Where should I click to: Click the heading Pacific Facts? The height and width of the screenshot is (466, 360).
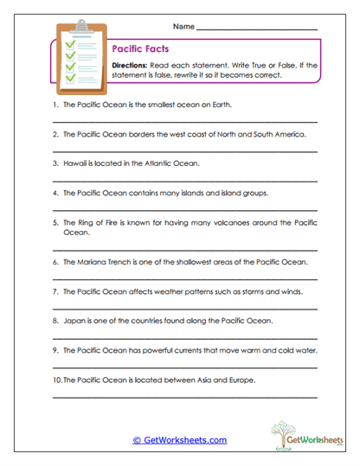pyautogui.click(x=138, y=51)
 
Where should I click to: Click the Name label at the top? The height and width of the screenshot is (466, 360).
pyautogui.click(x=184, y=27)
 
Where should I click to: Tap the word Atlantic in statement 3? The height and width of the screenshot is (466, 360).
pyautogui.click(x=145, y=163)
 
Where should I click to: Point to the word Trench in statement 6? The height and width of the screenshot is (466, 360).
pyautogui.click(x=122, y=261)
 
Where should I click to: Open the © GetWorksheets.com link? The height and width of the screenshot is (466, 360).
pyautogui.click(x=179, y=440)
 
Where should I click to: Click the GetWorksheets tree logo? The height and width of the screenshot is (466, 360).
pyautogui.click(x=282, y=432)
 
